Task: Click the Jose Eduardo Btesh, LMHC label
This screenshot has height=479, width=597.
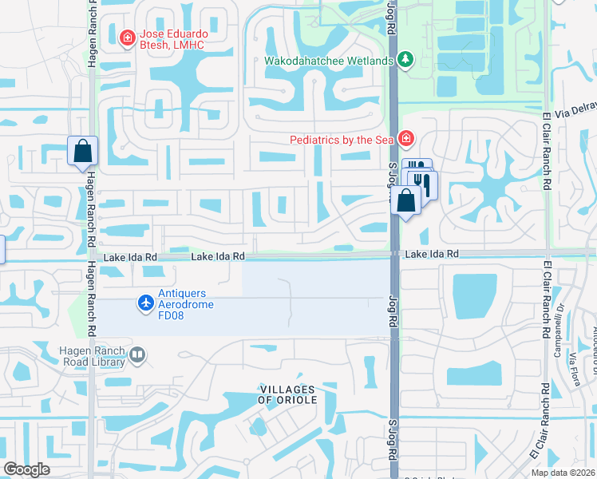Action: point(172,38)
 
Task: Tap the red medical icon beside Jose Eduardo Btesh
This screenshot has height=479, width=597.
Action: point(126,38)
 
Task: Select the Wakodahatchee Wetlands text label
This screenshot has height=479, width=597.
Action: point(329,61)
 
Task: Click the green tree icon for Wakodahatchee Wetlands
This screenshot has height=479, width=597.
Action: point(405,60)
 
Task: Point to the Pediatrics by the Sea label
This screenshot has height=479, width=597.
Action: point(342,140)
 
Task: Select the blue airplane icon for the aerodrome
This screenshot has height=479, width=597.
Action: point(145,303)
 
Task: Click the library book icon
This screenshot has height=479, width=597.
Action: point(137,354)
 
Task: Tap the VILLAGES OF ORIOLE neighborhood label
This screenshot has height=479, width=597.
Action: point(287,394)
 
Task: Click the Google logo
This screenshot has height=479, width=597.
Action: point(26,469)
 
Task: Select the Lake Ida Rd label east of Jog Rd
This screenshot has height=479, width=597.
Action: point(431,254)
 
